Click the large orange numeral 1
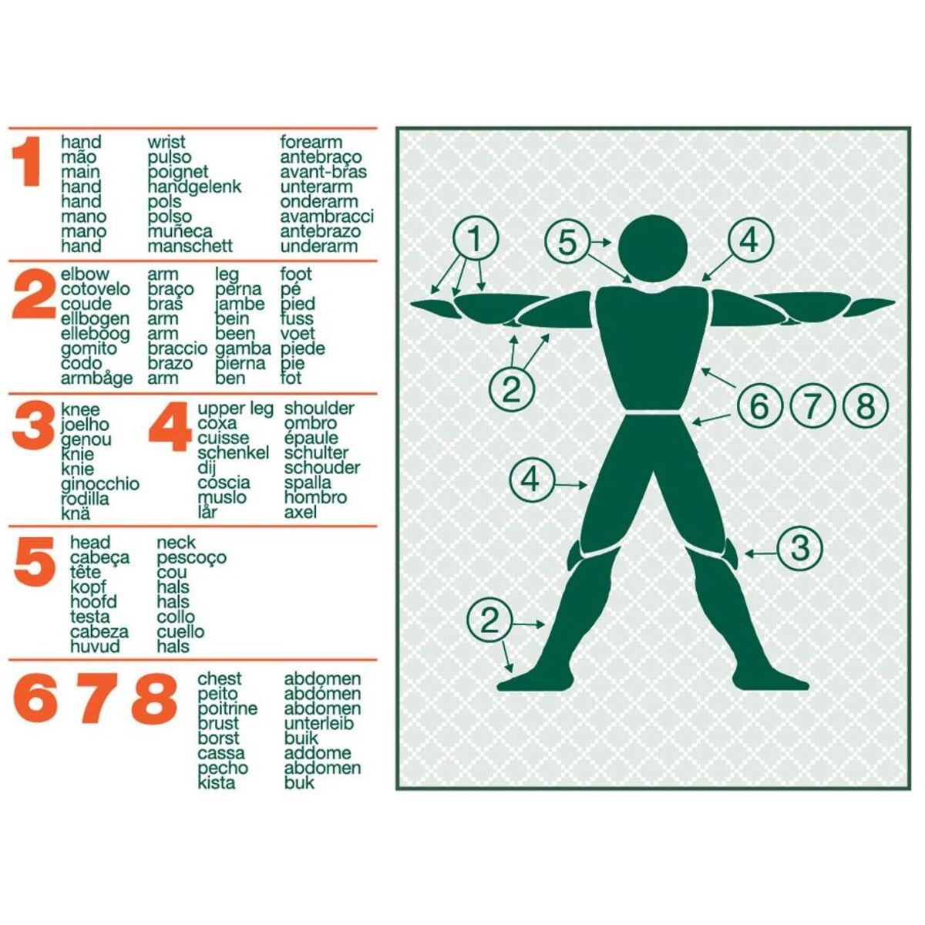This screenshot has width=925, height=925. tap(27, 162)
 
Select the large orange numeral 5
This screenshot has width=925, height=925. tap(34, 562)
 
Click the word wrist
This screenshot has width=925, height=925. tap(166, 142)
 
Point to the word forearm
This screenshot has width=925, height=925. tap(311, 142)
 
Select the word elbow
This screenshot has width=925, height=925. tap(85, 274)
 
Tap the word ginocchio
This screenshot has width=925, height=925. tap(100, 484)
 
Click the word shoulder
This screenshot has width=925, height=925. tap(318, 409)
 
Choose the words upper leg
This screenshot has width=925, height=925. tap(235, 409)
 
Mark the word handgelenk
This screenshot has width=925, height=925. tap(194, 187)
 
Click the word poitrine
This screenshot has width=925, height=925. tap(227, 709)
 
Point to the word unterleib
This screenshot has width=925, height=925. tap(318, 723)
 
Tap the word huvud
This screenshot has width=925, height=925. tap(95, 646)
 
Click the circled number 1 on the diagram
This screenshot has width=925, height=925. tap(476, 238)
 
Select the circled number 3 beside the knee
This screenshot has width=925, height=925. tap(799, 548)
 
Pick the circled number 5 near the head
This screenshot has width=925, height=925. tap(567, 242)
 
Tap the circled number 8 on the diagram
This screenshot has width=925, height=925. tap(866, 405)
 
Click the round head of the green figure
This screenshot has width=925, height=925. tap(653, 249)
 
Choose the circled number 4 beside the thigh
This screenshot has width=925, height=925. tap(530, 479)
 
